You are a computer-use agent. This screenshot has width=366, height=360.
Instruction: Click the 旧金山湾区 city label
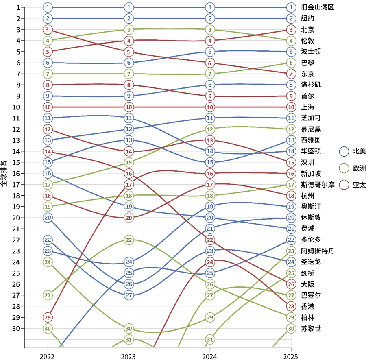click(x=317, y=7)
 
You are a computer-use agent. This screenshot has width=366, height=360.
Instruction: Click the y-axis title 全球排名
click(x=4, y=173)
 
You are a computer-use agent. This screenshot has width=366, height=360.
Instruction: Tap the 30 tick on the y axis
click(x=15, y=328)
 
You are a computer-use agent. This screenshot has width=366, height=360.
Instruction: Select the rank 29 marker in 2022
click(x=48, y=317)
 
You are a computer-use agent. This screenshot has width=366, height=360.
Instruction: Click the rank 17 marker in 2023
click(x=129, y=184)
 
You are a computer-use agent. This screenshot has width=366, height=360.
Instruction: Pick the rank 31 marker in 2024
click(x=210, y=339)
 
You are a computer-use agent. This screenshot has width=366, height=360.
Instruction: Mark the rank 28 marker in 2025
click(x=291, y=306)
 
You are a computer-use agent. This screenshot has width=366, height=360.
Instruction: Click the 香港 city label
click(x=307, y=306)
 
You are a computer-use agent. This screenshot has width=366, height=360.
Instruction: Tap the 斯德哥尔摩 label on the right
click(x=317, y=184)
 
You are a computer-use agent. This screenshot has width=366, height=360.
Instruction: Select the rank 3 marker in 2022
click(x=48, y=29)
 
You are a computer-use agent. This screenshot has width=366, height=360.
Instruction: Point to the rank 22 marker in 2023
click(x=129, y=240)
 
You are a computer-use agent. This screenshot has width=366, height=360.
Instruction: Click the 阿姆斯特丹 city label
click(x=317, y=251)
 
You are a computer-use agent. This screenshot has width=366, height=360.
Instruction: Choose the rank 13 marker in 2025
click(x=291, y=140)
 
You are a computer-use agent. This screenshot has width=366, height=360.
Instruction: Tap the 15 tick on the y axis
click(x=15, y=162)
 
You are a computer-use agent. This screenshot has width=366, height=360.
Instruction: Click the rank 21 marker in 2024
click(x=210, y=229)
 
